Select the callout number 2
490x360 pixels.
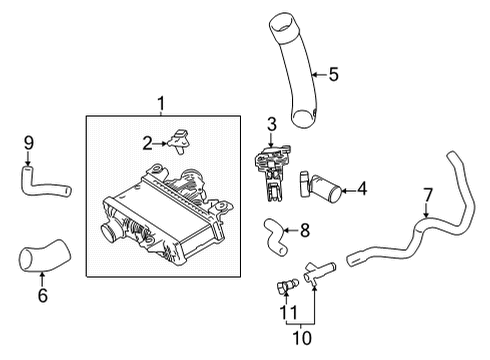point(147,143)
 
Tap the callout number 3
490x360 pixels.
point(271,124)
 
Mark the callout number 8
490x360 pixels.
point(304,229)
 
